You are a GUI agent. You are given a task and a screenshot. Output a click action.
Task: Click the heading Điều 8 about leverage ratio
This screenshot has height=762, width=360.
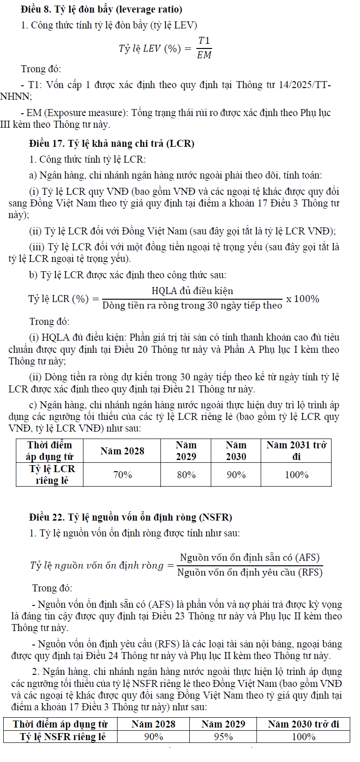tap(102, 9)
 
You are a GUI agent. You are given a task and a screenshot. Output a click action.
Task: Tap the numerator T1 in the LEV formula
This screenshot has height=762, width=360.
tap(204, 41)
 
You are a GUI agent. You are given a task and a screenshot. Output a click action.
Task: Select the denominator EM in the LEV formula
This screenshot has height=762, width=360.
tap(204, 55)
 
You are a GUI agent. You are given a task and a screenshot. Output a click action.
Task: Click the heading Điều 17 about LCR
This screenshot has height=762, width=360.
tap(111, 143)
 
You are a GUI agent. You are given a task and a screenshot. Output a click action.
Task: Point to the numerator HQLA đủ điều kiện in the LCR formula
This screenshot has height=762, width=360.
tap(192, 291)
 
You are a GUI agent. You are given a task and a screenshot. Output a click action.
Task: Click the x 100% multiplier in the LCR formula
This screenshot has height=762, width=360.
tap(303, 299)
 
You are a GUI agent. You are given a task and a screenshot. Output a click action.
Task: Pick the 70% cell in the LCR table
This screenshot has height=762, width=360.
tap(122, 474)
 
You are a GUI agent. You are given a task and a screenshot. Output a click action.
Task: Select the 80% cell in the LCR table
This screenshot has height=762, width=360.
tap(186, 474)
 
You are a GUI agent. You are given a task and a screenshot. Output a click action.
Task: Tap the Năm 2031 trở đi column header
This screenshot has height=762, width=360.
tap(296, 451)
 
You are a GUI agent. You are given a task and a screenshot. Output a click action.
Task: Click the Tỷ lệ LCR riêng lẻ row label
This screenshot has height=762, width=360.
tap(51, 474)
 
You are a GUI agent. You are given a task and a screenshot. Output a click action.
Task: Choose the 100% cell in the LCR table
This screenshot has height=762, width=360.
tap(296, 474)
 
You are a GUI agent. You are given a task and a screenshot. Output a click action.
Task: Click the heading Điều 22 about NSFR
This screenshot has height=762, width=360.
tap(131, 517)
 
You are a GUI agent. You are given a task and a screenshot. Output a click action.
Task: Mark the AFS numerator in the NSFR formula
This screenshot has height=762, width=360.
tap(250, 557)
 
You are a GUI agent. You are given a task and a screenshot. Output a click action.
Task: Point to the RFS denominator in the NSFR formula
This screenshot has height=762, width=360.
tap(250, 572)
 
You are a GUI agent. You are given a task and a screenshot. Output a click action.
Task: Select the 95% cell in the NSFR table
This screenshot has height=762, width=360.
tap(223, 736)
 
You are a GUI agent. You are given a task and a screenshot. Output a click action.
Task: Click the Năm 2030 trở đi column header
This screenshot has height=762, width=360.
tap(303, 724)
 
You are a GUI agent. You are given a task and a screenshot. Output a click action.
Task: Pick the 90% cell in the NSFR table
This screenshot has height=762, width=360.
tap(153, 736)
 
